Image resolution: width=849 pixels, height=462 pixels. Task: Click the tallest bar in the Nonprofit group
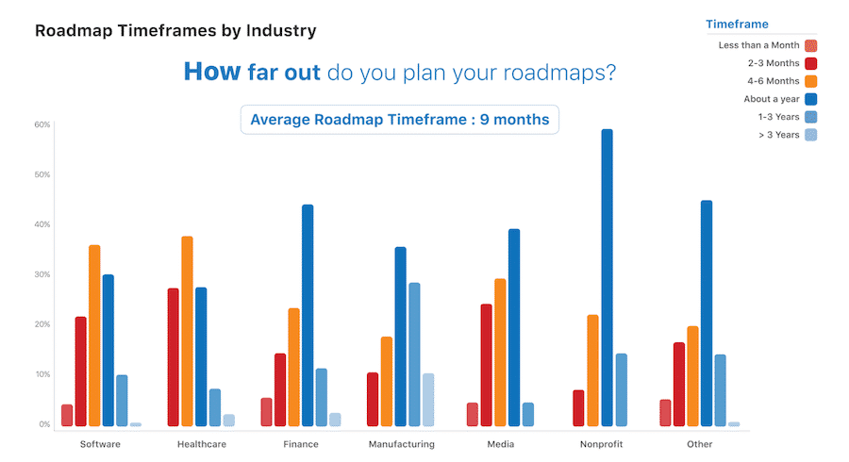(x=607, y=278)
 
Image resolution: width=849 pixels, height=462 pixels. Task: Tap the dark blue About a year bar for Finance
(x=308, y=316)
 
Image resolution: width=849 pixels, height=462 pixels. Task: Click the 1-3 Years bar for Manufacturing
(x=414, y=355)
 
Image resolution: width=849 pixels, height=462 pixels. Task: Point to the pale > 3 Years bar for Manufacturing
(x=428, y=400)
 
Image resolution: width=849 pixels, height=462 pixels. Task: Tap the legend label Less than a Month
(x=757, y=45)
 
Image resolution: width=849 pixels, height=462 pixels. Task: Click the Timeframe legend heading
(x=737, y=25)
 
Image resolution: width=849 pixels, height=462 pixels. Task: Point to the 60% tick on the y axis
(x=42, y=124)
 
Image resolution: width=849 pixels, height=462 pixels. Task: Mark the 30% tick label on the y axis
(x=42, y=274)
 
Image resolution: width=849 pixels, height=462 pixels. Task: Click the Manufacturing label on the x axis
(x=401, y=443)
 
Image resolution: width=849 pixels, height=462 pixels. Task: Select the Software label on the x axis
(x=100, y=443)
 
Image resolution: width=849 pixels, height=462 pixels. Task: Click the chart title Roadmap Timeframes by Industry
(x=175, y=30)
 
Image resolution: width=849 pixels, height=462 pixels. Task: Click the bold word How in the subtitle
(x=205, y=72)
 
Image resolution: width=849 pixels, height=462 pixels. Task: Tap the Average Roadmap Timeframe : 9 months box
(x=400, y=120)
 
